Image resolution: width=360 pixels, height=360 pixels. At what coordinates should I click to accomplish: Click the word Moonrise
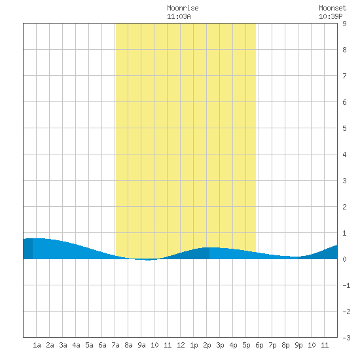click(183, 8)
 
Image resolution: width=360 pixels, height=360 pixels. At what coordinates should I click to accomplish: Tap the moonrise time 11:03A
click(179, 16)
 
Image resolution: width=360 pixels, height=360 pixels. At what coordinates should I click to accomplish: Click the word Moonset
click(333, 8)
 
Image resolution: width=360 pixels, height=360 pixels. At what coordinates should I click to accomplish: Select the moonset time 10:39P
click(331, 16)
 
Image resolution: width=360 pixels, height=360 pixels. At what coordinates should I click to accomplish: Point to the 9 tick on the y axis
click(344, 24)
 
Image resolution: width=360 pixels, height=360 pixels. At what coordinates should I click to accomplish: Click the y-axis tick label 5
click(344, 128)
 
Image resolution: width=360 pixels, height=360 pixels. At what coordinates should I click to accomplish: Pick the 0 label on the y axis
click(344, 259)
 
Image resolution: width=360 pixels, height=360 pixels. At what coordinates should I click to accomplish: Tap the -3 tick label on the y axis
click(346, 338)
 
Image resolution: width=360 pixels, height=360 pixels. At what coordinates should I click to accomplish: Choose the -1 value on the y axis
click(346, 285)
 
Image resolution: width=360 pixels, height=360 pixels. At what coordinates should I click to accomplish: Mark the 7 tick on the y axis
click(344, 76)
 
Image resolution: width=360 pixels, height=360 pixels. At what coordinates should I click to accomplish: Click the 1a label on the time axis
click(37, 345)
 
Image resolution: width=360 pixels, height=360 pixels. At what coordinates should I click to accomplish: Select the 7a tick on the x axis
click(115, 345)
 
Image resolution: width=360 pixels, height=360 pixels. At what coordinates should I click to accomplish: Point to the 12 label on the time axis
click(181, 345)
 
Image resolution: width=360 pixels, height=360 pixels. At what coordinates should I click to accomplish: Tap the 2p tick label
click(207, 345)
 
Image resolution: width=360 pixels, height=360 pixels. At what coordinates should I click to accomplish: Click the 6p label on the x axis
click(259, 345)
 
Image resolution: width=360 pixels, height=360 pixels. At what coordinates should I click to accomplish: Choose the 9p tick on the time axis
click(298, 345)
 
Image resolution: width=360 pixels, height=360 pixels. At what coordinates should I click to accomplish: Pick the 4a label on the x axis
click(76, 345)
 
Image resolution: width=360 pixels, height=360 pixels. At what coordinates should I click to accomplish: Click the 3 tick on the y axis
click(344, 181)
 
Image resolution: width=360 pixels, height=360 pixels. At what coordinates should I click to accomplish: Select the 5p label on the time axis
click(246, 345)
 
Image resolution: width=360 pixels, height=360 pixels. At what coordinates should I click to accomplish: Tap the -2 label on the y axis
click(346, 312)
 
